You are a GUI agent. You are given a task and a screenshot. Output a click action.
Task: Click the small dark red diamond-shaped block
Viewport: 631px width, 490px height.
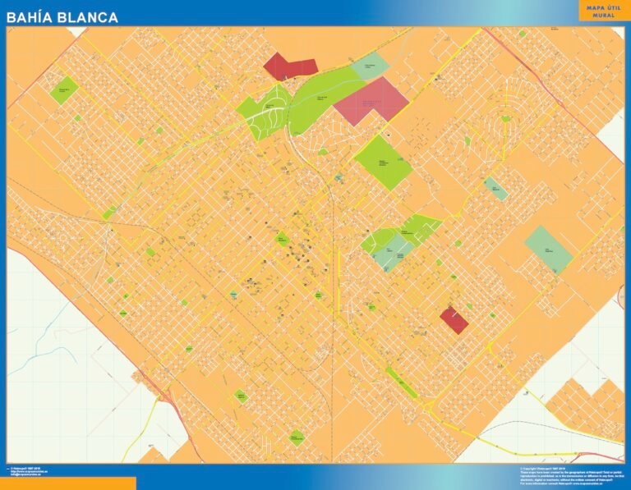(x=454, y=319)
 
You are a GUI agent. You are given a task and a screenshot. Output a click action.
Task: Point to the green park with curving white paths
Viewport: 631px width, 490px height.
(x=263, y=115)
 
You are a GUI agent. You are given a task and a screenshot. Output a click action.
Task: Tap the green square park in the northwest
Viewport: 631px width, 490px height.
(x=63, y=89)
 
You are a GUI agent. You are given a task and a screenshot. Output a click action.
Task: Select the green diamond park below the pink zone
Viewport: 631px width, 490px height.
(x=384, y=162)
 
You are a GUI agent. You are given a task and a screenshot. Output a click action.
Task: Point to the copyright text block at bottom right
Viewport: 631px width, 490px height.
(x=567, y=476)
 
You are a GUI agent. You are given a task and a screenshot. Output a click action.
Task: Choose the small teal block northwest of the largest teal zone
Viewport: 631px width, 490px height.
(x=495, y=188)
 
